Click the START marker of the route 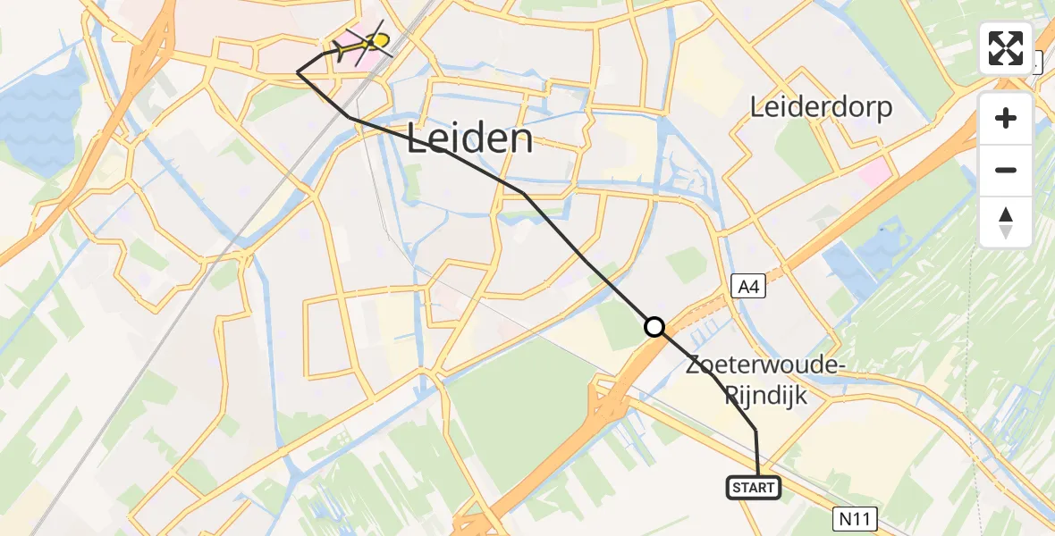click(x=754, y=488)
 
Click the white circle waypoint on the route click(x=654, y=327)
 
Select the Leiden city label click(x=470, y=139)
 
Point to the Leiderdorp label click(x=821, y=108)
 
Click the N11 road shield click(x=858, y=517)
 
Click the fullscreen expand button click(x=1006, y=48)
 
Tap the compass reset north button click(x=1006, y=222)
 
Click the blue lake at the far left click(x=36, y=116)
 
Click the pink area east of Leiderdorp click(x=874, y=172)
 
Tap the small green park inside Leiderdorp click(x=800, y=152)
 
